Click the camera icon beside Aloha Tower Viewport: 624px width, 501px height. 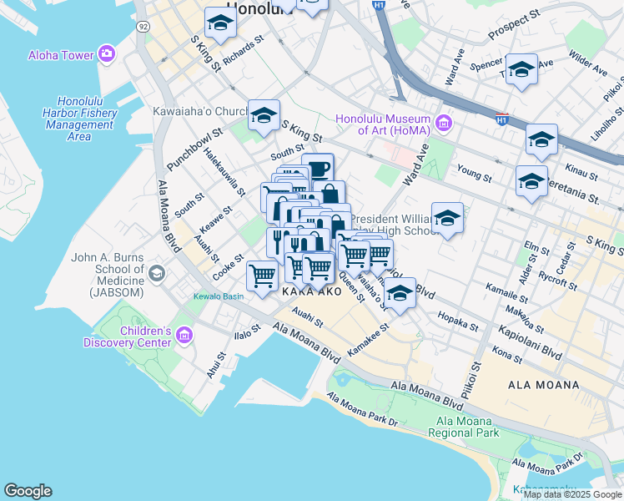106,55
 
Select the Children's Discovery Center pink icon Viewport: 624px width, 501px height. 184,336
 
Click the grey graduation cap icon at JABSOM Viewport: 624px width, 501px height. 156,273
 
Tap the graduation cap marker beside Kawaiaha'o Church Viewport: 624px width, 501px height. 264,115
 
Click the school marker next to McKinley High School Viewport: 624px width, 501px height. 447,218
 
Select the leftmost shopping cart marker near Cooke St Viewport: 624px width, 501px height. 263,276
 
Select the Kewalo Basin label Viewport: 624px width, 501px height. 219,296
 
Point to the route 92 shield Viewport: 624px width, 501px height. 143,27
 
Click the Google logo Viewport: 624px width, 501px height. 28,491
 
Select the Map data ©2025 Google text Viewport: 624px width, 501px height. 571,494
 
